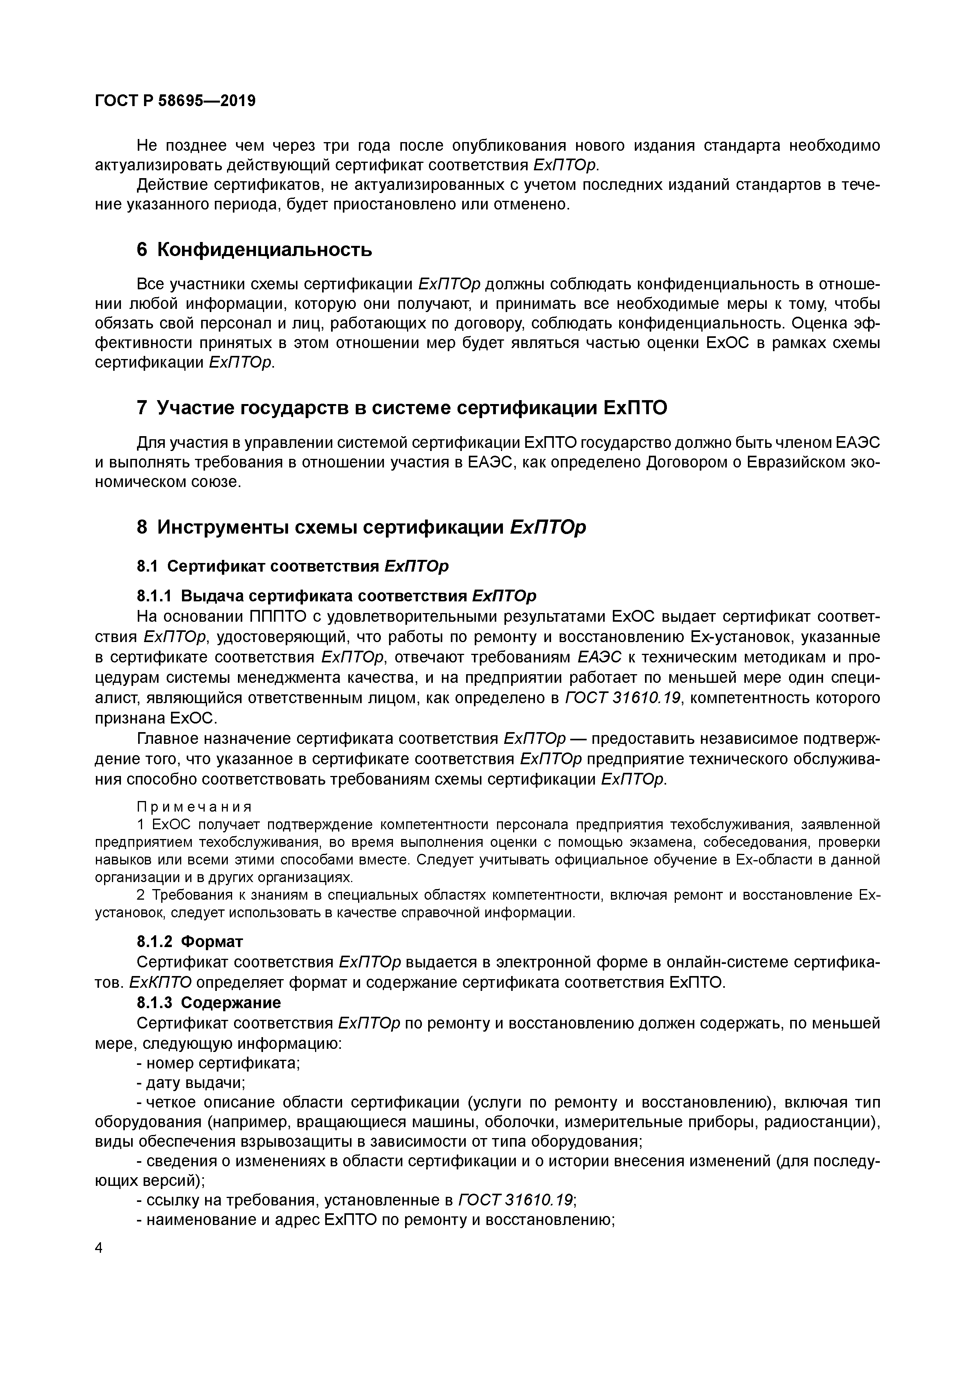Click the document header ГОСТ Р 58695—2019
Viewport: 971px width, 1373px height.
coord(175,101)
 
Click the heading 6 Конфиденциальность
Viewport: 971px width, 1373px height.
coord(254,249)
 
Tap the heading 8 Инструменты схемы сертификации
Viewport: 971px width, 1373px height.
coord(361,527)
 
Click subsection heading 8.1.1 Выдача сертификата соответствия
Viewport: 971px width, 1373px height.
coord(337,596)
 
